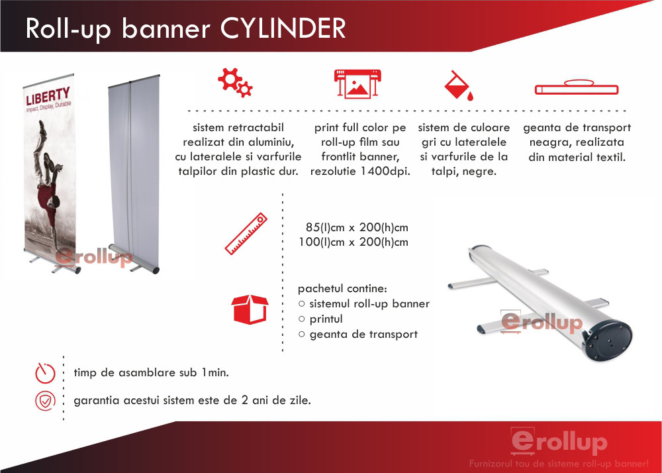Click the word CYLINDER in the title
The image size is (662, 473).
[283, 29]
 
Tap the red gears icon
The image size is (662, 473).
[235, 82]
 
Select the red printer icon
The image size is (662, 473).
[357, 83]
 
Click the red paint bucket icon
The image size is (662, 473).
[459, 85]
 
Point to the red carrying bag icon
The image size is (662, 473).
[577, 87]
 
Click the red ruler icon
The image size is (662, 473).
[246, 234]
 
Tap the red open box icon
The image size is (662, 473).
[250, 309]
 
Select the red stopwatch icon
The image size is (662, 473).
[45, 372]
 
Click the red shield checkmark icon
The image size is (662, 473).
[45, 401]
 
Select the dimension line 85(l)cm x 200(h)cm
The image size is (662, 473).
[357, 228]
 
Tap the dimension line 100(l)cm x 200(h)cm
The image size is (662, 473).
[354, 242]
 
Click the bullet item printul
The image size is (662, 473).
[326, 319]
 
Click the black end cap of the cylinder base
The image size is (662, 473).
[609, 340]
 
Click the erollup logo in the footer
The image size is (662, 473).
[559, 441]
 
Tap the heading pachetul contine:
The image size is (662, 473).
[342, 289]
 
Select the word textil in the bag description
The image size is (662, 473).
[611, 158]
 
